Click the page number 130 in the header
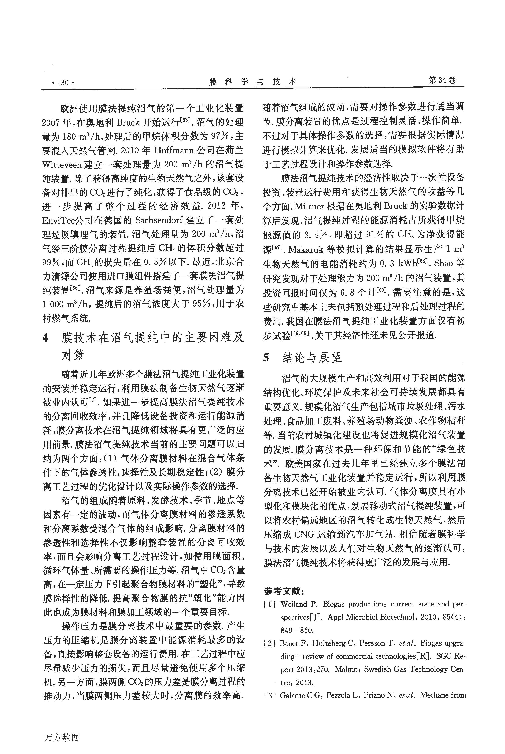[x=63, y=83]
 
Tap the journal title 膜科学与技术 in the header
[x=252, y=82]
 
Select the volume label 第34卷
[x=442, y=81]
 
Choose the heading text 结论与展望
[x=312, y=357]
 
